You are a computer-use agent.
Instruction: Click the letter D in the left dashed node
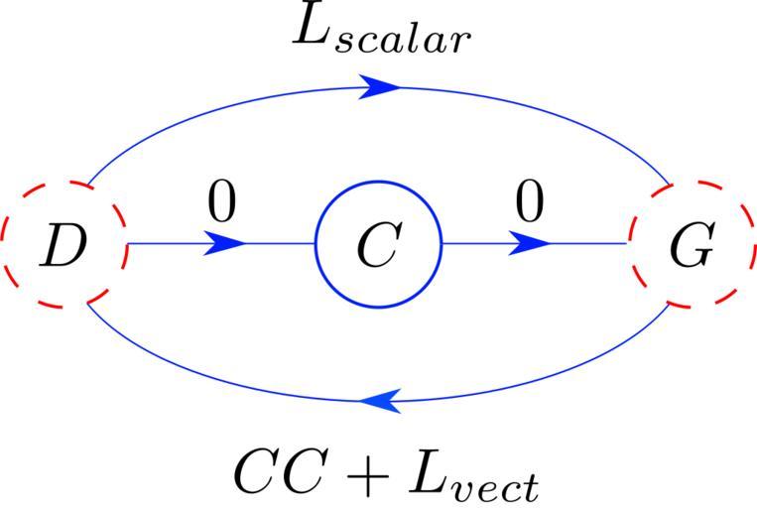pos(62,247)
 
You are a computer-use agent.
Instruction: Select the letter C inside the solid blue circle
pos(377,247)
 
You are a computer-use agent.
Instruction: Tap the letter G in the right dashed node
pos(692,249)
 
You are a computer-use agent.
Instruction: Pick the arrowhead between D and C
pos(226,243)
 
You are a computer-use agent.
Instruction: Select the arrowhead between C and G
pos(532,243)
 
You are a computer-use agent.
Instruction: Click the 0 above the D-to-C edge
pos(222,202)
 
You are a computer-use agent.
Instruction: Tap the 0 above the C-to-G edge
pos(529,202)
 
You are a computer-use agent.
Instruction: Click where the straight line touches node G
pos(628,243)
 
